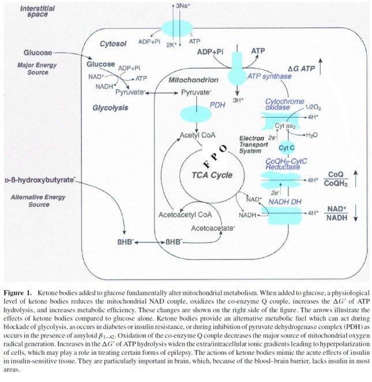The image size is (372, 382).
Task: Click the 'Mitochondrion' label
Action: [x=193, y=80]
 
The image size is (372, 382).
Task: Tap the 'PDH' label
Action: [x=216, y=105]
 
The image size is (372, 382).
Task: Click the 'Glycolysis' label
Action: [x=110, y=108]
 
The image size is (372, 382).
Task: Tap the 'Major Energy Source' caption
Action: [x=37, y=69]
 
